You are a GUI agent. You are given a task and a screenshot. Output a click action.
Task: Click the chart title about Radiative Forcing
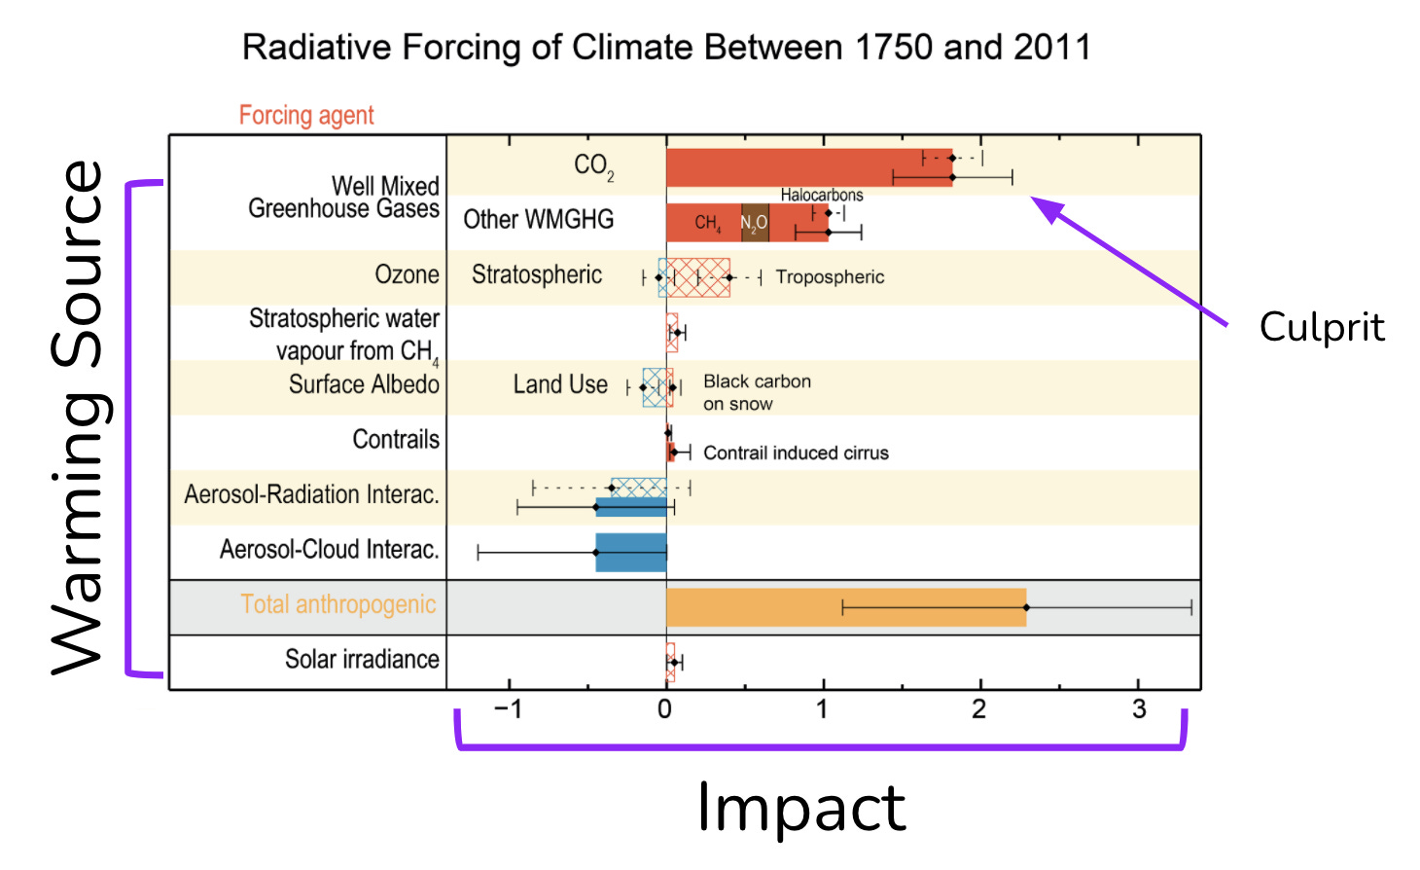[666, 47]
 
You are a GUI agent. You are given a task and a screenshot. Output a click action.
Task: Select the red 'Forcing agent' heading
[306, 116]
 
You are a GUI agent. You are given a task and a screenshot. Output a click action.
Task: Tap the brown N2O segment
[755, 223]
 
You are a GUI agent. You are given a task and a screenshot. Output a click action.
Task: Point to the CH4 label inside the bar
[707, 224]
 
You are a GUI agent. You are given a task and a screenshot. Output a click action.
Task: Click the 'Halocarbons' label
[821, 195]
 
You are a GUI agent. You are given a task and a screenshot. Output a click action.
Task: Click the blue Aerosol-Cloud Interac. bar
[630, 552]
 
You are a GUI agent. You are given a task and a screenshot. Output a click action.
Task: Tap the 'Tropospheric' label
[830, 277]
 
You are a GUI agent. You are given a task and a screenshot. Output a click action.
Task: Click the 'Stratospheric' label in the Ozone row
[537, 275]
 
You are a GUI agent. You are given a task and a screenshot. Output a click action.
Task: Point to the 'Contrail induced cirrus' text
[796, 453]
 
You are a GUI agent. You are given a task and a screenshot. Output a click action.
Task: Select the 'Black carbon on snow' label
[756, 392]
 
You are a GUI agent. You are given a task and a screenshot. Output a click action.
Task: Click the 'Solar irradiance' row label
[362, 660]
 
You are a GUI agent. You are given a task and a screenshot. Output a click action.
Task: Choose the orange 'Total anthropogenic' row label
[337, 605]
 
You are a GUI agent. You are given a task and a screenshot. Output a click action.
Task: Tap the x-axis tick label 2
[978, 709]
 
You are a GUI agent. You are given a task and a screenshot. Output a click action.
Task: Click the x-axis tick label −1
[508, 709]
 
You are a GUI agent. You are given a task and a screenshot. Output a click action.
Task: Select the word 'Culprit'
[1321, 327]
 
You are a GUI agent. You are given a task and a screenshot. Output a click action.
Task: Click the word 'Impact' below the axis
[801, 808]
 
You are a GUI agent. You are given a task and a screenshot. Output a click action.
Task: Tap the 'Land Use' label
[560, 385]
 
